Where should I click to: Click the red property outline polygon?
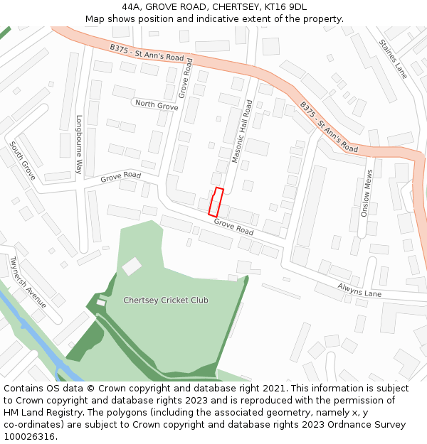click(x=216, y=202)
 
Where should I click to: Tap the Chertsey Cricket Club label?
click(x=166, y=300)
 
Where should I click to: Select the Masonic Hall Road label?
click(x=243, y=131)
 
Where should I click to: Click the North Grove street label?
click(x=157, y=105)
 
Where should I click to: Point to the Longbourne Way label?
click(x=79, y=145)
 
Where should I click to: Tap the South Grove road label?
click(x=22, y=160)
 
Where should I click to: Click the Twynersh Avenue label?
click(x=28, y=282)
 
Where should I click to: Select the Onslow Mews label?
click(x=367, y=193)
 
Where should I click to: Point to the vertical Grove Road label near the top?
click(x=186, y=78)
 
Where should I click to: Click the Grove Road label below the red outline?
click(x=234, y=227)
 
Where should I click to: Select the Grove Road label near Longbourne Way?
click(x=121, y=176)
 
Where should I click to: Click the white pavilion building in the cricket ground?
click(x=132, y=266)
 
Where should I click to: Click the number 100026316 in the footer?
click(x=30, y=436)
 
